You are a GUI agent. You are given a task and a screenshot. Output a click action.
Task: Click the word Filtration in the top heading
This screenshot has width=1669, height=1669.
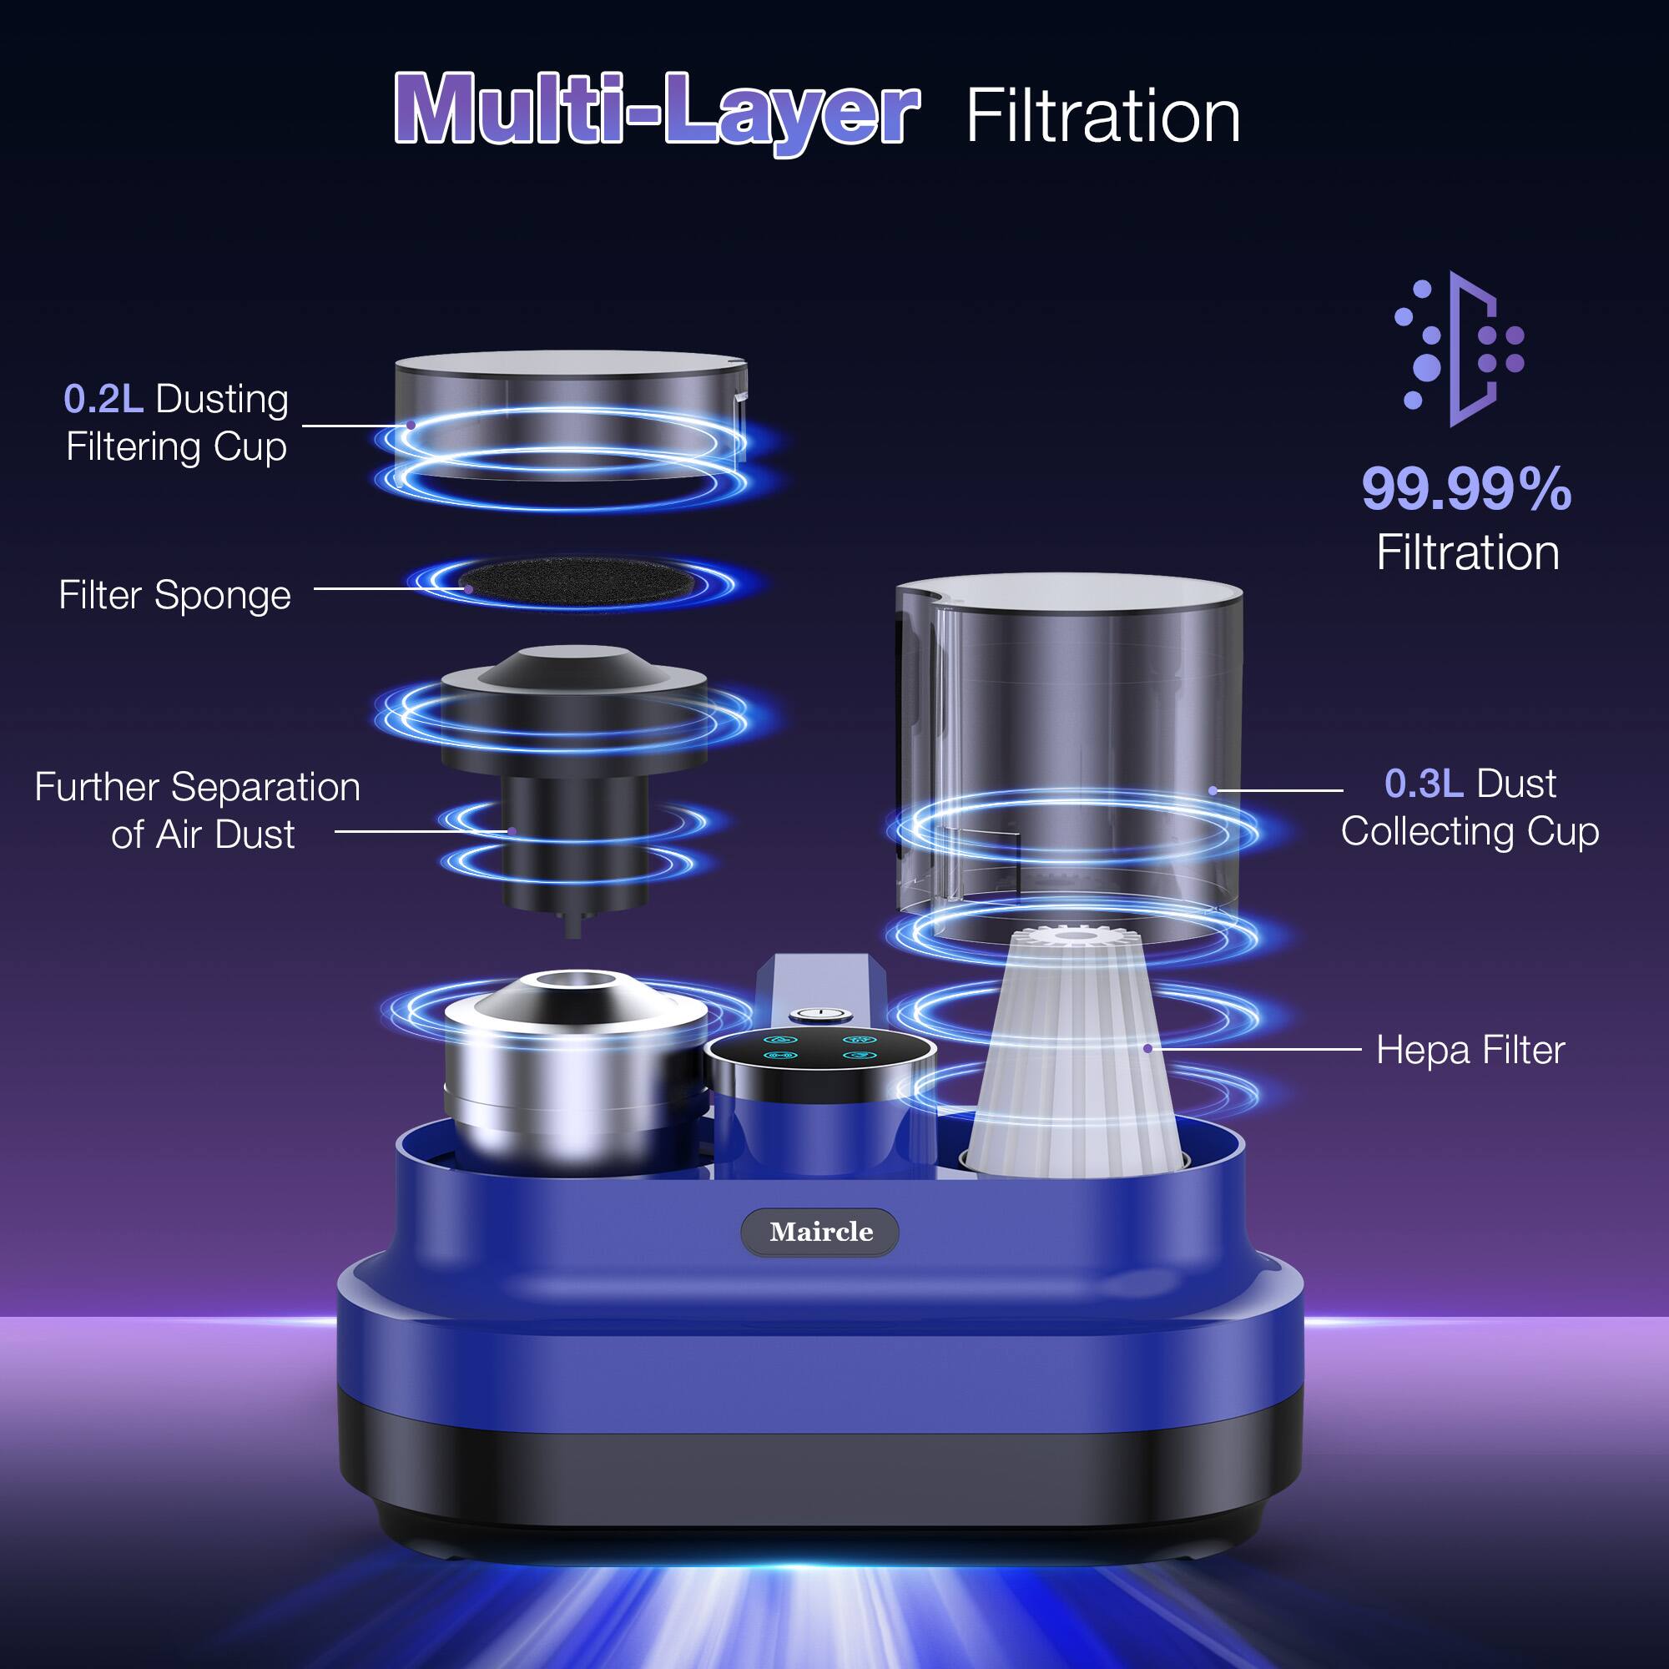[1103, 116]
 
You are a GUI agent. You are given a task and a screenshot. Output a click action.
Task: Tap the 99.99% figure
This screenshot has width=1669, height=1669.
[1467, 490]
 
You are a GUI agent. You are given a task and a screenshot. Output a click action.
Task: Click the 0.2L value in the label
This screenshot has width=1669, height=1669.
[103, 398]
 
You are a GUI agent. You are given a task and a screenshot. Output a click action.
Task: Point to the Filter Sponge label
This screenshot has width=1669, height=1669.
[174, 595]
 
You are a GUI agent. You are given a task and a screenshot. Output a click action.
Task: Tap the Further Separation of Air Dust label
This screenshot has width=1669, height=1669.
[198, 810]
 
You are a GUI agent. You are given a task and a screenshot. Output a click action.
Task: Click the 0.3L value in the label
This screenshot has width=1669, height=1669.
[1424, 784]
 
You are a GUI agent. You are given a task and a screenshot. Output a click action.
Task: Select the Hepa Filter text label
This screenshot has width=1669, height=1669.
[1470, 1051]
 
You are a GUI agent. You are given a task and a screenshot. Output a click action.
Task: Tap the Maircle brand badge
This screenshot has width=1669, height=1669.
[819, 1232]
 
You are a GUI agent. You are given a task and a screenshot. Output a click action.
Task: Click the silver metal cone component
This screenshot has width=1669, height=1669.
[574, 1071]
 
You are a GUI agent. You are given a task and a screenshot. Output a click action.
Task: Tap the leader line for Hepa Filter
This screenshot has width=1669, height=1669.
[1253, 1049]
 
